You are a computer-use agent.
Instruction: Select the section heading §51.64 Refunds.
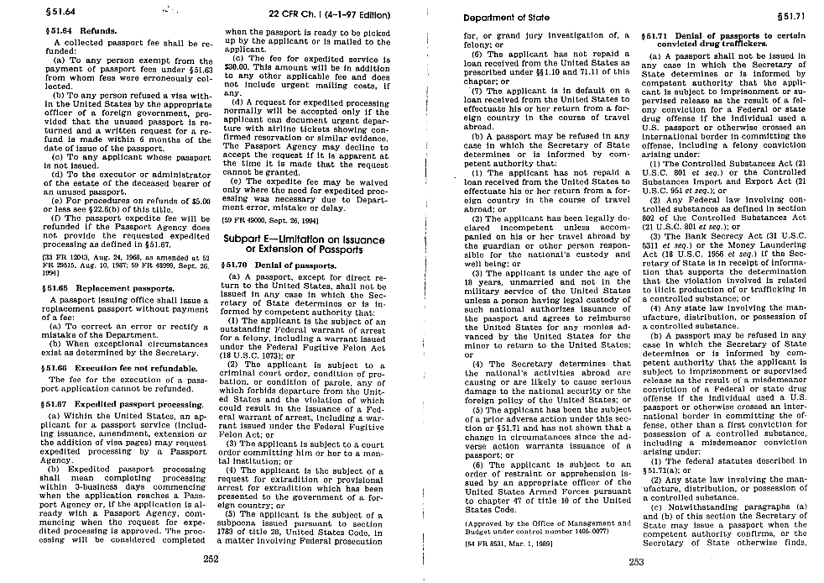70,29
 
